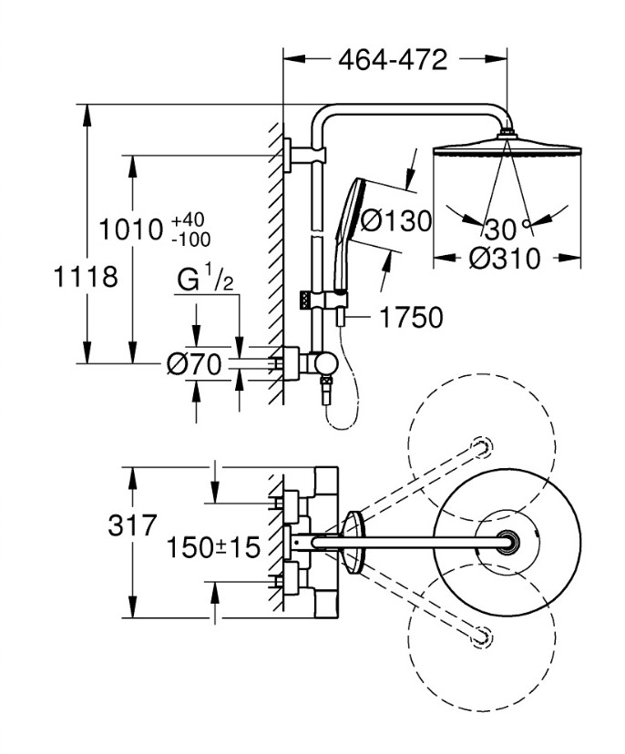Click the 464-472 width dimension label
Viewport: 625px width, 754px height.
click(393, 60)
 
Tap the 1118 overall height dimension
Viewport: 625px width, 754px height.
click(87, 277)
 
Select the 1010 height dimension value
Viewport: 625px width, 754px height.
click(131, 229)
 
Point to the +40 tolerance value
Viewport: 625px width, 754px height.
click(189, 220)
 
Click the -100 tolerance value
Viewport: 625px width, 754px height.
click(191, 239)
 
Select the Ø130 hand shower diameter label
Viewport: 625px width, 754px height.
click(396, 221)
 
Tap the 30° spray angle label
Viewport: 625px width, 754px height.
click(507, 229)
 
